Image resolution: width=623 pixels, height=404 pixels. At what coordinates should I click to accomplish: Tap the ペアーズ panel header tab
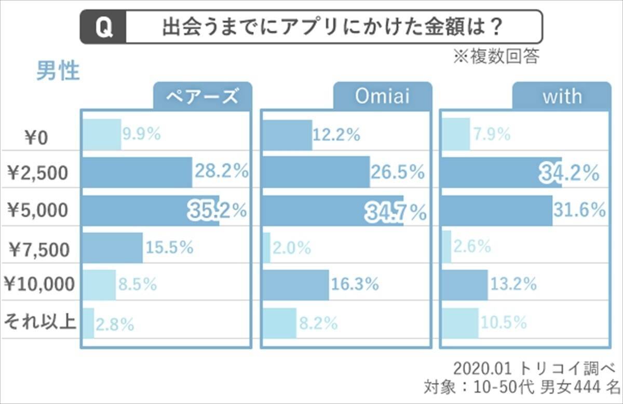[x=202, y=96]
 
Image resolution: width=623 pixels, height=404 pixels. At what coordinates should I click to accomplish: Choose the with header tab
[x=562, y=96]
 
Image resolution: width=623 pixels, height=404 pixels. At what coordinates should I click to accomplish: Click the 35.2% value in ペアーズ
[x=217, y=211]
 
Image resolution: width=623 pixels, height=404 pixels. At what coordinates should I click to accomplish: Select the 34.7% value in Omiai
[x=396, y=212]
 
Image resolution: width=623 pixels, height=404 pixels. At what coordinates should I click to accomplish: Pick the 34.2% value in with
[x=569, y=173]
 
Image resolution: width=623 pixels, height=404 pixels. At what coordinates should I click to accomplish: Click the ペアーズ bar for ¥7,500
[x=112, y=248]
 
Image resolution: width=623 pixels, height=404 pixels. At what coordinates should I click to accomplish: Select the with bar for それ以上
[x=459, y=323]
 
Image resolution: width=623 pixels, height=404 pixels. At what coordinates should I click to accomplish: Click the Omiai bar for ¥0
[x=287, y=135]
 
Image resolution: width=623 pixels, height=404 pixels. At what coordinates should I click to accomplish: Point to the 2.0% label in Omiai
[x=292, y=248]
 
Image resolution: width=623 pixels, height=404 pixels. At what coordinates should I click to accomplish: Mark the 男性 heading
[x=58, y=72]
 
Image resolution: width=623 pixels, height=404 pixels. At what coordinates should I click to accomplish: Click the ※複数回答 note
[x=496, y=57]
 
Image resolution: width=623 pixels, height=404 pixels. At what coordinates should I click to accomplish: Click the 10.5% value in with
[x=503, y=323]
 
